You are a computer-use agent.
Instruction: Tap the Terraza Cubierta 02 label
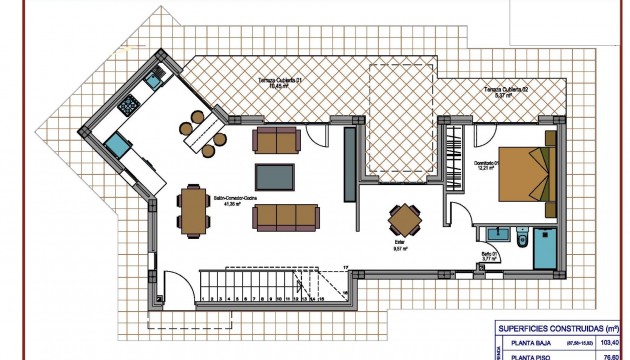click(x=506, y=91)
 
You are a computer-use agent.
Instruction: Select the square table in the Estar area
click(x=404, y=217)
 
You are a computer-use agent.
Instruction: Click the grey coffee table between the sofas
click(x=275, y=176)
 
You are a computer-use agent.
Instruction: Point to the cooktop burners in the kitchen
click(x=131, y=103)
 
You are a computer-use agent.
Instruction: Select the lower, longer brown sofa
click(x=287, y=215)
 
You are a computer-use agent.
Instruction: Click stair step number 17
click(x=343, y=269)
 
